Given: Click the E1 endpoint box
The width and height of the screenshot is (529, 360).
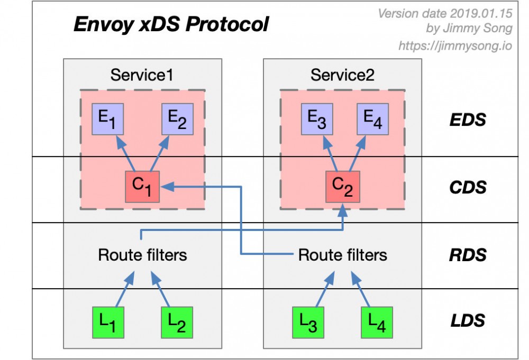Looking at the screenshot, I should click(108, 119).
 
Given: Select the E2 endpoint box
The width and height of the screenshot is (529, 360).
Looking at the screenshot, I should click(177, 119).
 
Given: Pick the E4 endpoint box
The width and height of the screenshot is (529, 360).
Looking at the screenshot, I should click(377, 119).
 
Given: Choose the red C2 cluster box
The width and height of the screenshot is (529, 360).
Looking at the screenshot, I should click(342, 187).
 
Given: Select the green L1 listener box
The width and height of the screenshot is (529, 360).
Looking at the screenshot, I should click(108, 322).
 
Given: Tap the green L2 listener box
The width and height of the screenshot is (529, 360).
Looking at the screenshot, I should click(177, 322).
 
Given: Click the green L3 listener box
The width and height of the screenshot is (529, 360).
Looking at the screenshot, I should click(308, 322).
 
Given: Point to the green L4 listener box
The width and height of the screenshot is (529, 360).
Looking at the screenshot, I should click(377, 322).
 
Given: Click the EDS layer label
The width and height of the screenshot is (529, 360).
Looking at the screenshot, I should click(467, 119).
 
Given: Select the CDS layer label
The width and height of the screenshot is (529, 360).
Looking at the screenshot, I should click(467, 187).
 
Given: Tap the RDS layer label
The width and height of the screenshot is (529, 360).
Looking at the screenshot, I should click(467, 255).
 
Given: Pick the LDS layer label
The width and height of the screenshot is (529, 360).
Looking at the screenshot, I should click(467, 320).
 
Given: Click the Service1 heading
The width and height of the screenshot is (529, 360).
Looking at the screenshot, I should click(142, 75).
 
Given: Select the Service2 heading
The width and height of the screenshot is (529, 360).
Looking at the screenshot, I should click(342, 75).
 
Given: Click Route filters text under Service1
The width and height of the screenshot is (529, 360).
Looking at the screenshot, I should click(142, 255).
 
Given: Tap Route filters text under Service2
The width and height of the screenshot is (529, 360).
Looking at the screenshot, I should click(342, 255).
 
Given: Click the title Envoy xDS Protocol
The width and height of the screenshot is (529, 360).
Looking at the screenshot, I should click(171, 25).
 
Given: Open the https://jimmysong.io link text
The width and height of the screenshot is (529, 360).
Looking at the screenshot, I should click(454, 46).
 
